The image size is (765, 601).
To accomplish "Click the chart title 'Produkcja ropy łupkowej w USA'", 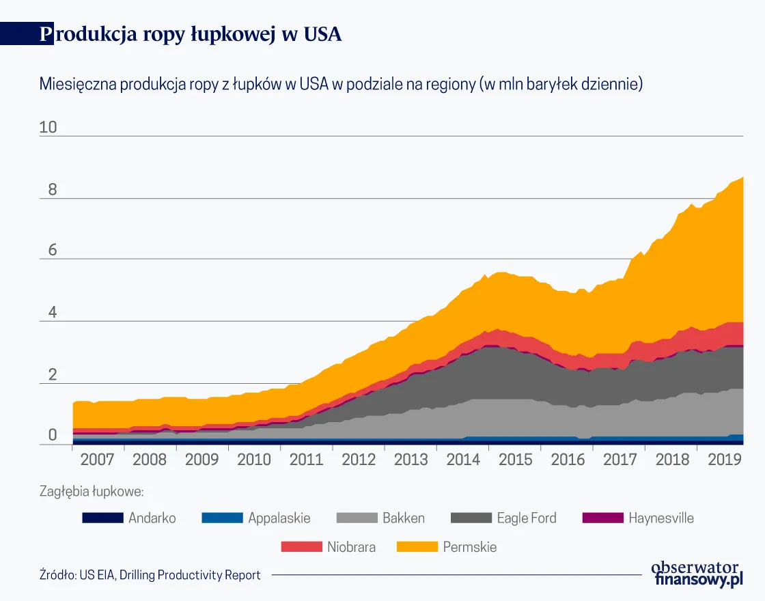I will tap(191, 35).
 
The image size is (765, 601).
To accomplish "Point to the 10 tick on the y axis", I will tap(49, 128).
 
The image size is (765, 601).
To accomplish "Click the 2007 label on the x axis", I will tap(97, 459).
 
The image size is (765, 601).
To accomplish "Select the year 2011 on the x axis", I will tap(306, 459).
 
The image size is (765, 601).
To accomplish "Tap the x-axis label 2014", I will tap(463, 459).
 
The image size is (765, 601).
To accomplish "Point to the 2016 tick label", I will tap(568, 459).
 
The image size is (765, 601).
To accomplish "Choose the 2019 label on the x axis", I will tap(725, 459).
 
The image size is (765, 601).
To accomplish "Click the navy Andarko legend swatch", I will tap(102, 518).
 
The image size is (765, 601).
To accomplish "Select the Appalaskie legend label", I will tap(279, 518).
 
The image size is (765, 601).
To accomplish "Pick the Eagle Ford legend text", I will tap(526, 518).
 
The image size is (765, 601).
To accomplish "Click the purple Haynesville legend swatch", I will tap(602, 518).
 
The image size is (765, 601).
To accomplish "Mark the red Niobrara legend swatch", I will tap(301, 547).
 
